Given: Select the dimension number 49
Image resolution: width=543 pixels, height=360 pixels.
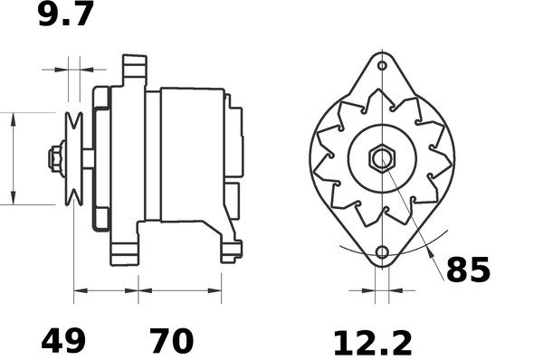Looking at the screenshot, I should (x=63, y=341).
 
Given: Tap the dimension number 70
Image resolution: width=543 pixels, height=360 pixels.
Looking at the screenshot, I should (x=171, y=341).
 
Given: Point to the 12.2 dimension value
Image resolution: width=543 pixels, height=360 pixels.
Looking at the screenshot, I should (x=372, y=343).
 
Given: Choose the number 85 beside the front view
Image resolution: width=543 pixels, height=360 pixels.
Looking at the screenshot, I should (x=468, y=270).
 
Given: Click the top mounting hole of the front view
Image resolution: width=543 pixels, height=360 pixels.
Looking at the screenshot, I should (x=382, y=66).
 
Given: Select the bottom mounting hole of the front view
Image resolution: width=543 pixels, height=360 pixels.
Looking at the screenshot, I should (x=382, y=252).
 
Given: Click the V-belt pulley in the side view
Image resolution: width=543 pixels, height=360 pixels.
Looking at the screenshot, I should (x=73, y=158).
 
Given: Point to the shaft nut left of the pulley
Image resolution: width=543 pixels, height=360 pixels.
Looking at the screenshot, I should (x=56, y=158).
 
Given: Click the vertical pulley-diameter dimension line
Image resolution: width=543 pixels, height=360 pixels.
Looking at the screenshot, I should (x=14, y=158).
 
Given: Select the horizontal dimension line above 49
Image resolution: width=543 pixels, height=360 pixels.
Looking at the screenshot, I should (x=106, y=291).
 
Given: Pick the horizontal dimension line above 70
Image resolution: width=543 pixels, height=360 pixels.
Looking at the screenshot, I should (x=180, y=291).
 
